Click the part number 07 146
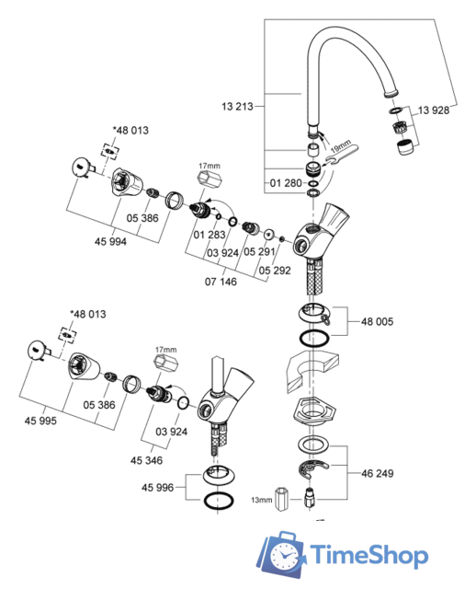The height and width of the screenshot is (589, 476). tap(221, 282)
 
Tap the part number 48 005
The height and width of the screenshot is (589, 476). tap(376, 323)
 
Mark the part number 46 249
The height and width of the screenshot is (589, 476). tap(376, 475)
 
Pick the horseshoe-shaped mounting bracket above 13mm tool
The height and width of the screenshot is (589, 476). tap(312, 472)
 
